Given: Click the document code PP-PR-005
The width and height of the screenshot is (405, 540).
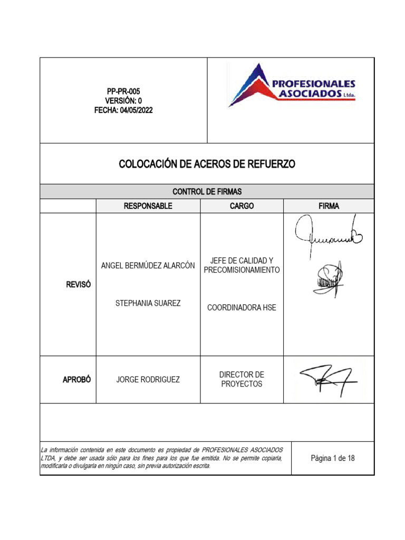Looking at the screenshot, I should (123, 91).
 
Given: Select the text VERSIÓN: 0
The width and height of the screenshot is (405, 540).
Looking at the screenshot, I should (123, 101).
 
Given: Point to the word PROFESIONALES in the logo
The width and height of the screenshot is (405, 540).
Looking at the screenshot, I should (313, 83).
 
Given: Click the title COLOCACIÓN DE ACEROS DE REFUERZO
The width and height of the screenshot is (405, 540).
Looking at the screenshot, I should (207, 164).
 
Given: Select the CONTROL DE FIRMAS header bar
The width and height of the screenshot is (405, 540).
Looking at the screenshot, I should (207, 191).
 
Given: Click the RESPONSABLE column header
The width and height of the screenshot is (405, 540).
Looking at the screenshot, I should (148, 206).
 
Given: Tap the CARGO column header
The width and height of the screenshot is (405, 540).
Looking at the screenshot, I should (242, 206).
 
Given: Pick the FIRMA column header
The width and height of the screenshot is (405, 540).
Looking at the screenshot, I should (329, 206).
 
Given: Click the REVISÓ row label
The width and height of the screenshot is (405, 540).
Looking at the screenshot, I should (79, 284).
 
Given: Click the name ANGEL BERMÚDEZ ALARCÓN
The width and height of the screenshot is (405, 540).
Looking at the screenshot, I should (148, 265).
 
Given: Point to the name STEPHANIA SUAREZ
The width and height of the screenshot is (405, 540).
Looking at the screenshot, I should (148, 303).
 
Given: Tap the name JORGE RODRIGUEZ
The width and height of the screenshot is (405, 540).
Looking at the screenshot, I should (148, 380).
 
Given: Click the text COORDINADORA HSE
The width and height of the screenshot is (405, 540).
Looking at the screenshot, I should (242, 307).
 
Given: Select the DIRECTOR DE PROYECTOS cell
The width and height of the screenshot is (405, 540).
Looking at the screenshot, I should (242, 379).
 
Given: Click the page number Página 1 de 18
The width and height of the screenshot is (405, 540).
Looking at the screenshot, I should (333, 458).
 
